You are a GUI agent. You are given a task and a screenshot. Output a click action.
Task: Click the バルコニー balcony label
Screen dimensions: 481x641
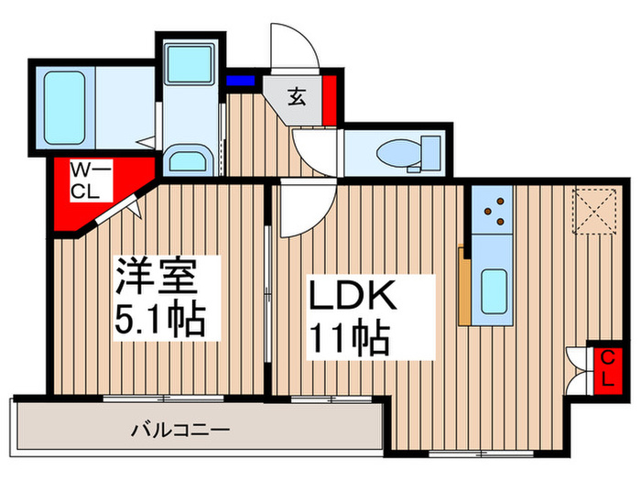pyautogui.click(x=179, y=429)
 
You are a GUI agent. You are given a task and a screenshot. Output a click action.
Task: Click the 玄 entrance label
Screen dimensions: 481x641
pyautogui.click(x=299, y=94)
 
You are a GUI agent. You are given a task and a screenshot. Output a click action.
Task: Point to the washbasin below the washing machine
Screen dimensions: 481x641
pyautogui.click(x=190, y=161)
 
